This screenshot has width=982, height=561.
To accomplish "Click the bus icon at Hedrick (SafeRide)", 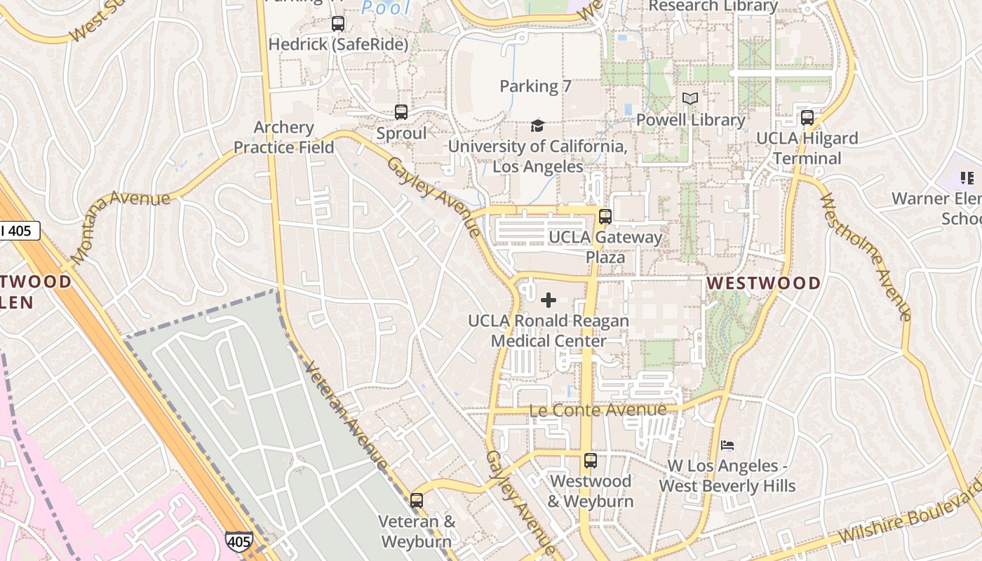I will tap(338, 24).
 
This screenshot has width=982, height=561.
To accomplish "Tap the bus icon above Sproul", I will tap(401, 112).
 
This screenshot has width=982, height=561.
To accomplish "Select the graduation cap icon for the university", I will tap(537, 126).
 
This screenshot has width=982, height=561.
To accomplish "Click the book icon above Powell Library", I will tap(690, 99).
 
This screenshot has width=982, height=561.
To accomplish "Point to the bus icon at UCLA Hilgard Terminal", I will tap(807, 118).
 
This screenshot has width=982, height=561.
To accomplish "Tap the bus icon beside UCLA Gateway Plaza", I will tap(605, 217).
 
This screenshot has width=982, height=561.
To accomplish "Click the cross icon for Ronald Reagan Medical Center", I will tap(549, 301).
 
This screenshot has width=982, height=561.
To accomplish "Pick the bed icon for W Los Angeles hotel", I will tap(727, 445).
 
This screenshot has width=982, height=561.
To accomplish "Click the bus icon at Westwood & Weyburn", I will tap(591, 461).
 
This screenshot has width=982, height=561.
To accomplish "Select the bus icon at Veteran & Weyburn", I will tap(417, 501).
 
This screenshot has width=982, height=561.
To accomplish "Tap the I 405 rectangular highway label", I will tap(18, 231).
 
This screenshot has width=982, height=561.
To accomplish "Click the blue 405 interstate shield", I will tap(238, 541).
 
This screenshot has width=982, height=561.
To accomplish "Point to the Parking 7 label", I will tap(535, 86).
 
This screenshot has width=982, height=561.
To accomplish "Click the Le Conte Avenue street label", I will tap(598, 410).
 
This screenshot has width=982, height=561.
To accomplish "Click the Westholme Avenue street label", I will tap(864, 256).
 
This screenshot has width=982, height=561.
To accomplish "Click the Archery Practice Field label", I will tap(283, 137).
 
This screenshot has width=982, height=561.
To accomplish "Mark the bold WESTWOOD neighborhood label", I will tap(763, 283).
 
